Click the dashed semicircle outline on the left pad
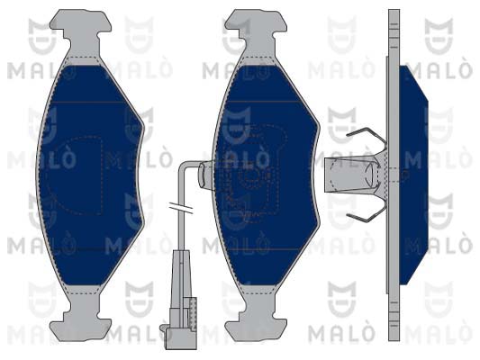point(74,175)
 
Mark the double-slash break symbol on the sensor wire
point(181,207)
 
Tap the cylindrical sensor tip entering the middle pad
point(205,175)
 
